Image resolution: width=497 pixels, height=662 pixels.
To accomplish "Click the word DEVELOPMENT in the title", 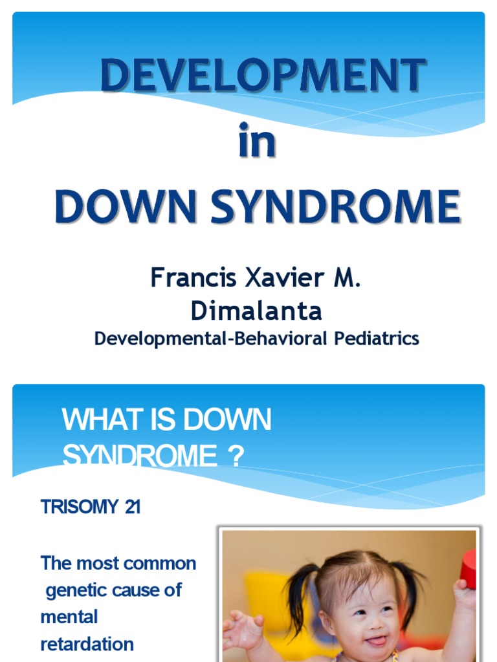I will [263, 76].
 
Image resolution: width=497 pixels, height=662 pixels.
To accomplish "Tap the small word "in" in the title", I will [257, 142].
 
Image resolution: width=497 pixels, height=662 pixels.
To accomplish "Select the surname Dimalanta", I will [256, 311].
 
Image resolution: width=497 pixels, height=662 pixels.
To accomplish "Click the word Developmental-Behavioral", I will [211, 338].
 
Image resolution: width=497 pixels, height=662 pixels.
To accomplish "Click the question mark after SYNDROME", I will [236, 457].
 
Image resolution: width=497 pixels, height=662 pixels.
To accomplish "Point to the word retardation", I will [87, 644].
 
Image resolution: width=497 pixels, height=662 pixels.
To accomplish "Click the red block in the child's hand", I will [468, 568].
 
